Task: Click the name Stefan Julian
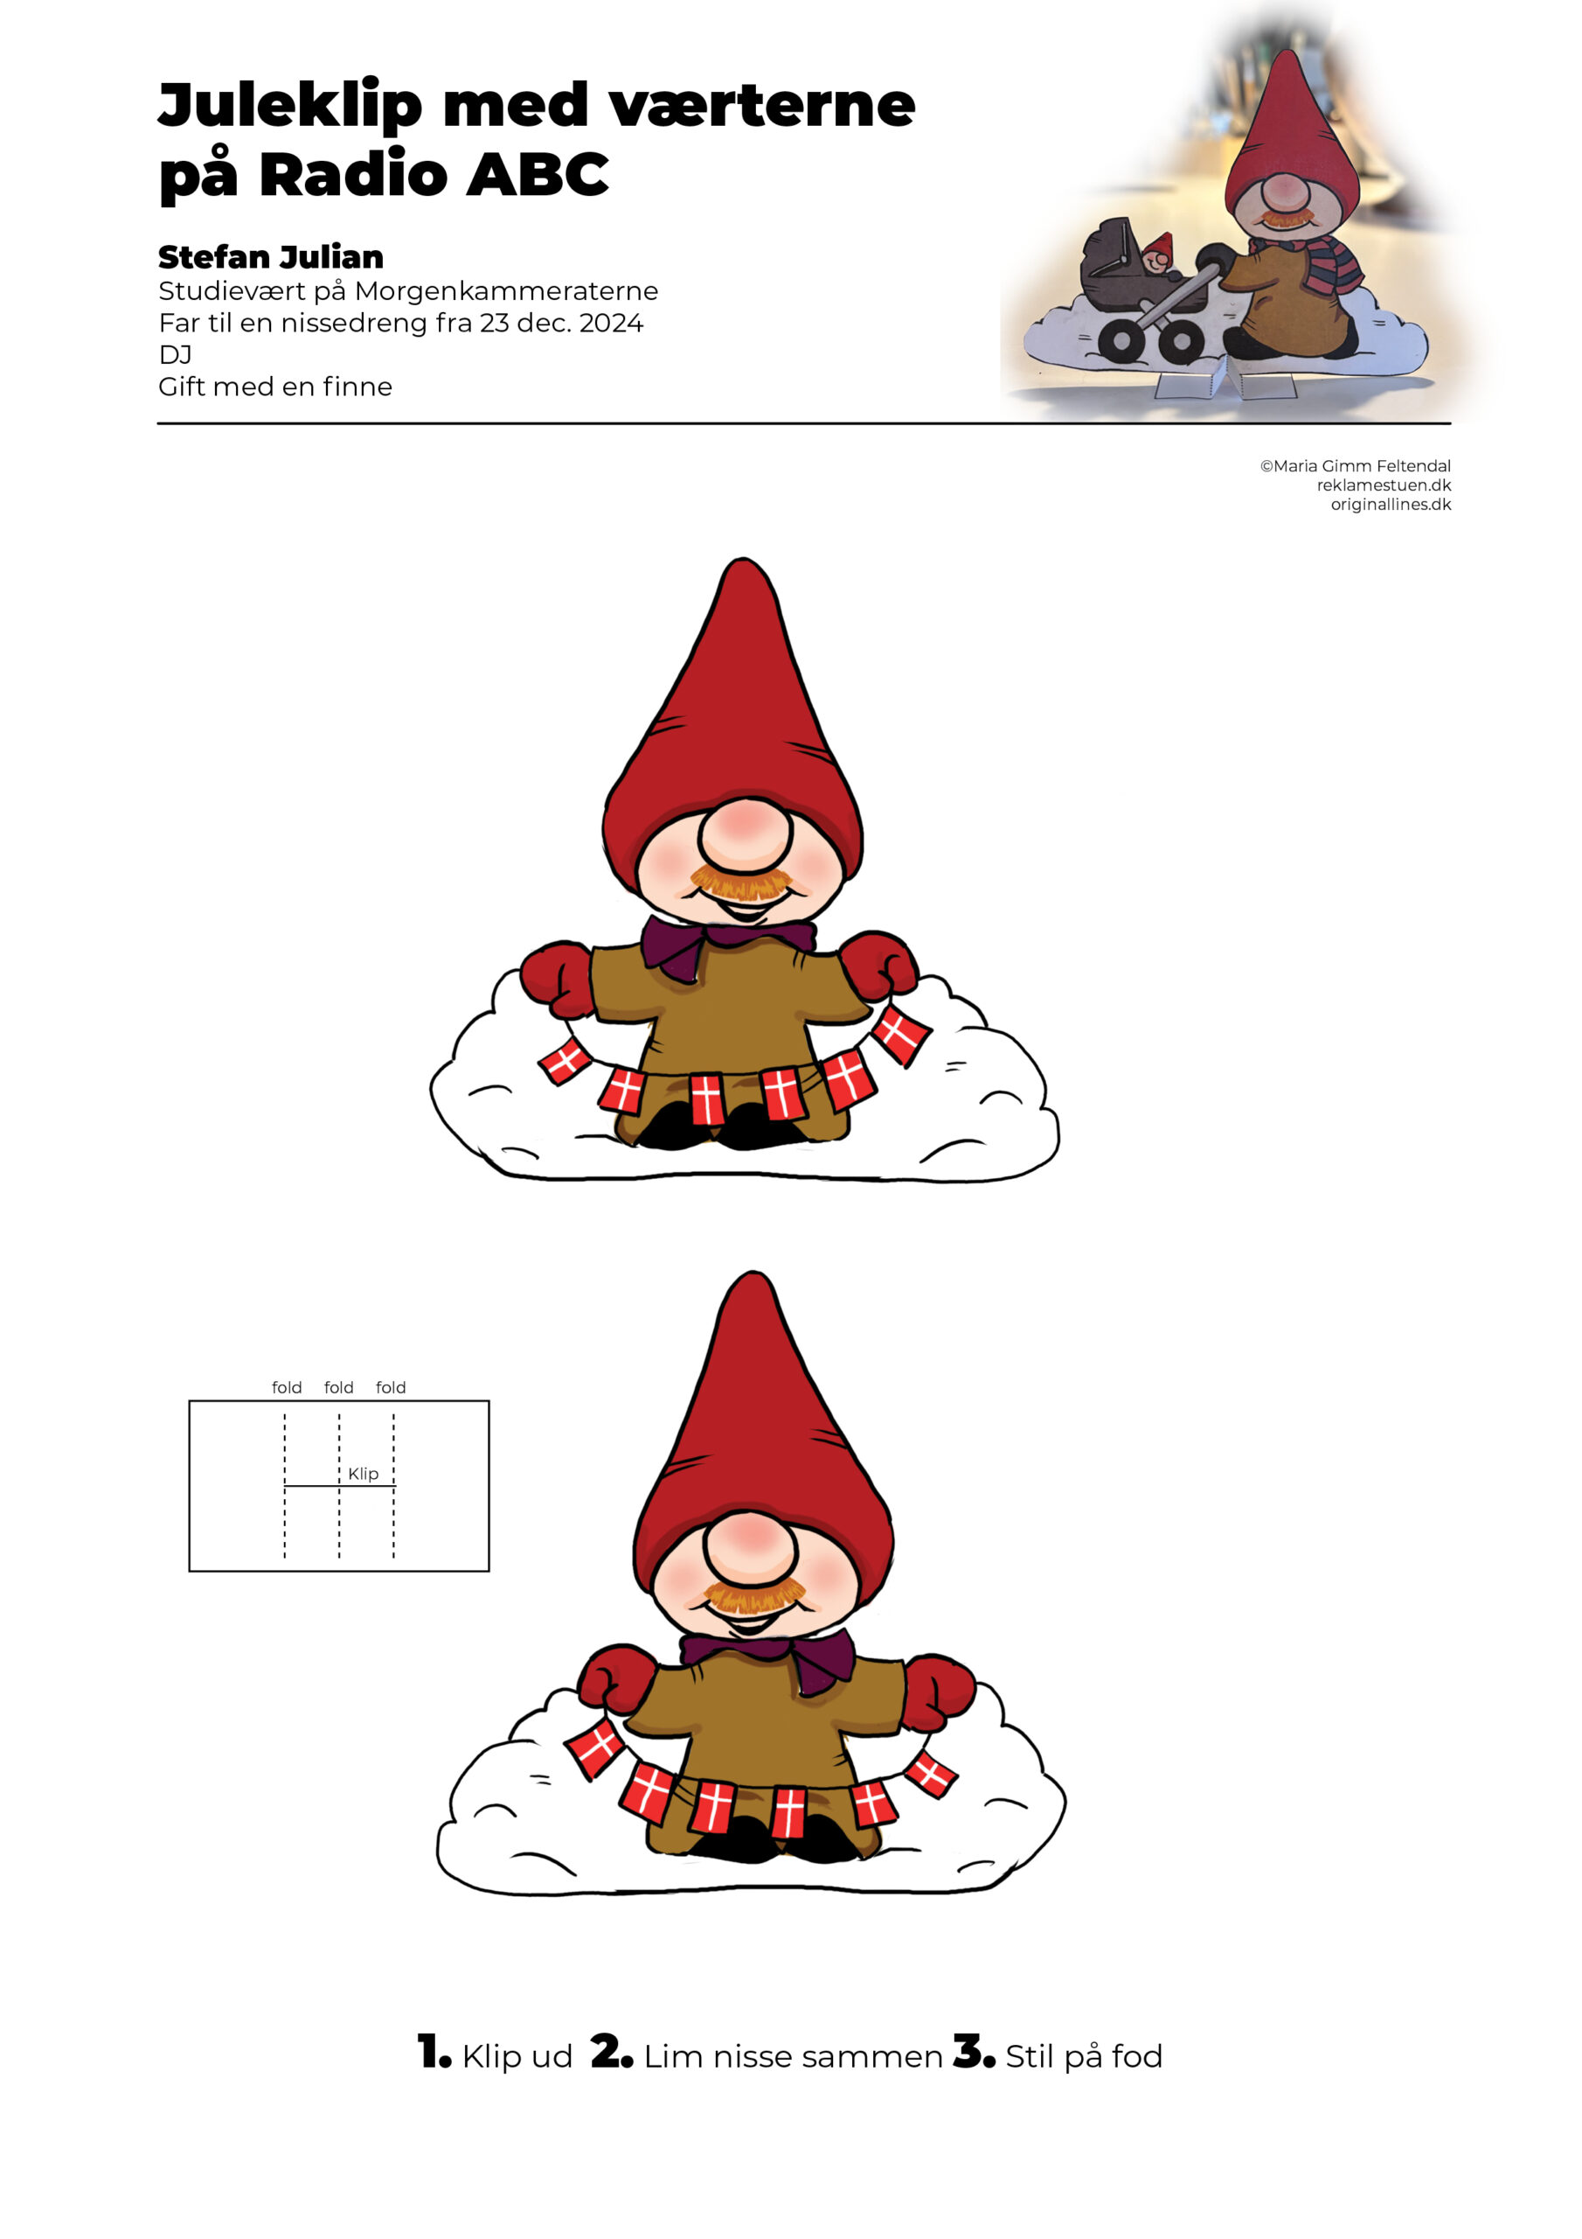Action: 271,256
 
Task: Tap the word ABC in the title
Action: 537,175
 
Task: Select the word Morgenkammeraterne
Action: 506,291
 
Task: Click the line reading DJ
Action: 176,355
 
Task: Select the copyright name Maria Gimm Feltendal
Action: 1362,466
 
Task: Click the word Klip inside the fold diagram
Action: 363,1474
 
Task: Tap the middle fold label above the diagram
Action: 338,1388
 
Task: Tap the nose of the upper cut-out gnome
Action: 745,834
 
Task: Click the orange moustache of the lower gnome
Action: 750,1595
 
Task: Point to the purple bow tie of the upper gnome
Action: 727,944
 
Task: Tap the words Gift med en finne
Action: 274,387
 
